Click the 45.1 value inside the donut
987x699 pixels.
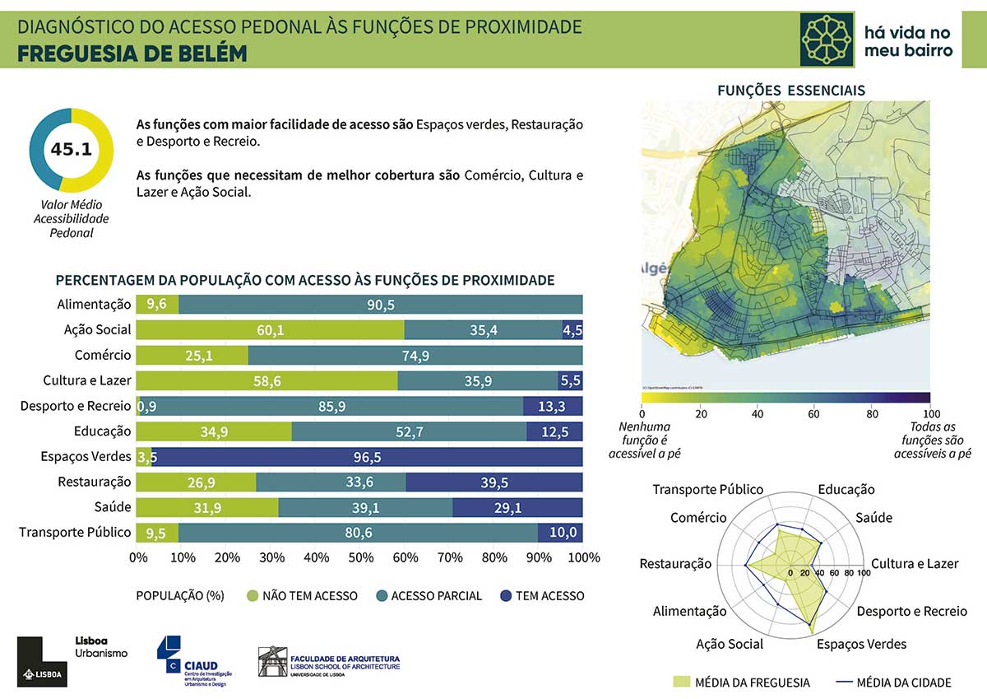pyautogui.click(x=71, y=149)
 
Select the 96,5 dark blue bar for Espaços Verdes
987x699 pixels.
pyautogui.click(x=368, y=457)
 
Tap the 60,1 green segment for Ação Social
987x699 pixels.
pyautogui.click(x=270, y=329)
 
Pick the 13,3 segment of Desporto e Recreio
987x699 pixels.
pyautogui.click(x=553, y=406)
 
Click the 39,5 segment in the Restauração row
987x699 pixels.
pyautogui.click(x=494, y=482)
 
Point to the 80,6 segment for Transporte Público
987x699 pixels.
pyautogui.click(x=359, y=533)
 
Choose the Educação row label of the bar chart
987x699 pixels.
pyautogui.click(x=102, y=431)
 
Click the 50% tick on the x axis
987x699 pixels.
pyautogui.click(x=360, y=558)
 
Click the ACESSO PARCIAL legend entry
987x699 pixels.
pyautogui.click(x=428, y=595)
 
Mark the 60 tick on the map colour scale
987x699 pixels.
pyautogui.click(x=814, y=413)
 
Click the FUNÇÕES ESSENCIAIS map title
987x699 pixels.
pyautogui.click(x=791, y=91)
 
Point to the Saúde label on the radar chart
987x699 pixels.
pyautogui.click(x=873, y=518)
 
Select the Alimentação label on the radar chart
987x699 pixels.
pyautogui.click(x=689, y=611)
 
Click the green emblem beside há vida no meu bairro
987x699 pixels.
pyautogui.click(x=827, y=39)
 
